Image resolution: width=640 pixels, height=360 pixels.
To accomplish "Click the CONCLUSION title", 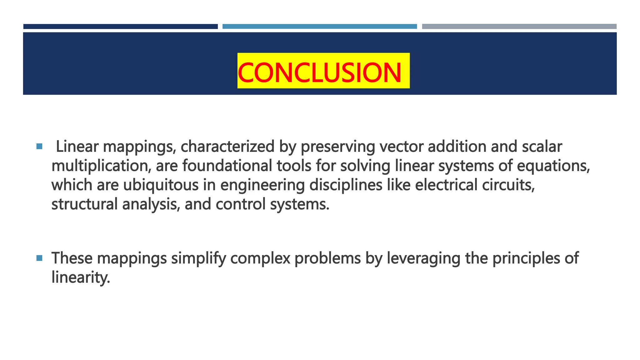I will [x=320, y=72].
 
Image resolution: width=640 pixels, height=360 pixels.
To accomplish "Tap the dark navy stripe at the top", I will [x=120, y=27].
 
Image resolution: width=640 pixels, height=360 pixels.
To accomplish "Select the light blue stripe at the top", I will [x=319, y=27].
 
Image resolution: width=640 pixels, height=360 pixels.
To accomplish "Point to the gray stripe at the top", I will [x=519, y=27].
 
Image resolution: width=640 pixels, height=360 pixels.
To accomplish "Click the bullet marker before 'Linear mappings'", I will [x=39, y=146].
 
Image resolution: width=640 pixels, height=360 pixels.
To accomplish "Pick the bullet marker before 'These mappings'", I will [x=39, y=258].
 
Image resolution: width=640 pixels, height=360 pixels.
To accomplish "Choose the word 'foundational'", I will [x=227, y=166].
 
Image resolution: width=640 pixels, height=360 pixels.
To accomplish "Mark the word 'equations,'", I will [x=553, y=166].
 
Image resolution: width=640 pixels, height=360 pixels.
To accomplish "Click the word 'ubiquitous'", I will [x=161, y=185].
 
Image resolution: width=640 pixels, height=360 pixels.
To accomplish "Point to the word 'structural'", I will [x=84, y=204].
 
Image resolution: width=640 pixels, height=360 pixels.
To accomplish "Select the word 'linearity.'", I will [x=81, y=277].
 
